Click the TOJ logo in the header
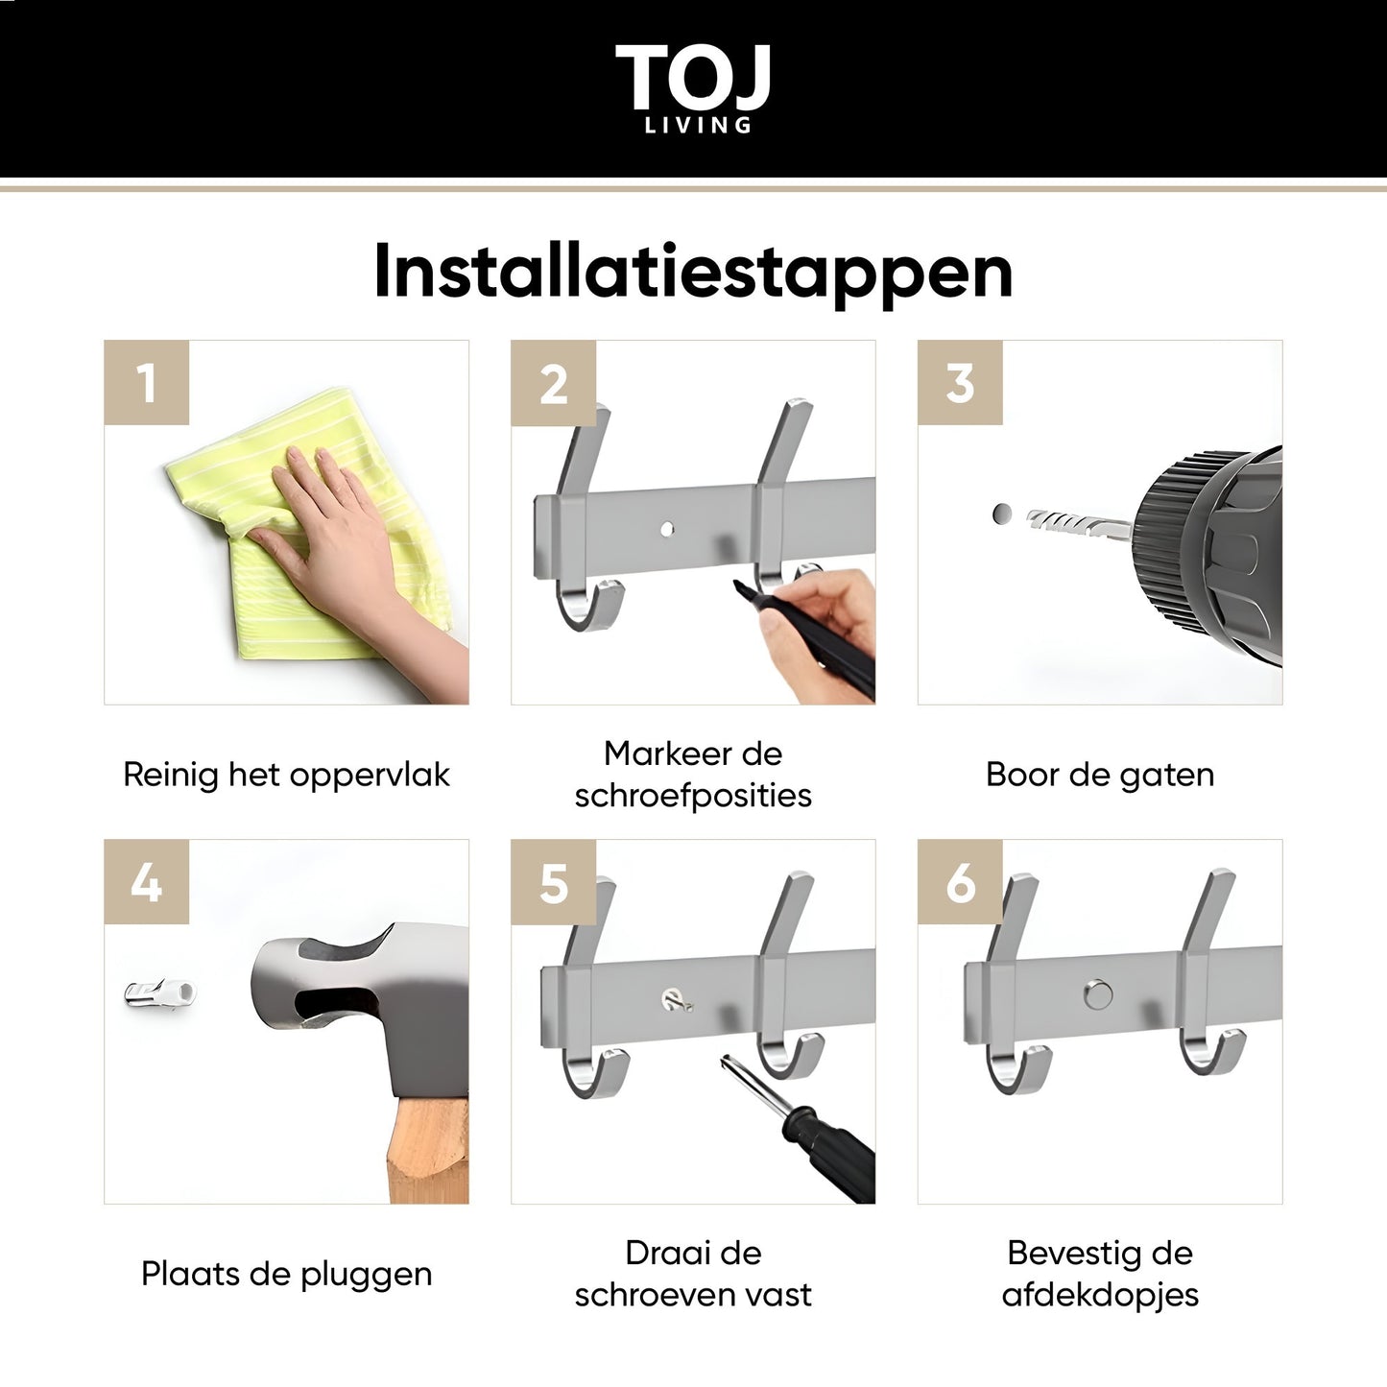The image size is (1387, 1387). pos(693,87)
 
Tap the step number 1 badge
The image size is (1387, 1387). pos(147,382)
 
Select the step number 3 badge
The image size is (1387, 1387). pos(960,382)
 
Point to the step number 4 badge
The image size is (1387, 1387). pos(147,881)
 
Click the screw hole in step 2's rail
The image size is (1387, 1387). pos(667,530)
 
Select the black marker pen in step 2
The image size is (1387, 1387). pos(806,640)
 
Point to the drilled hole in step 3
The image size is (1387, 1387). pos(1001,514)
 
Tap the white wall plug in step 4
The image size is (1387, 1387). pos(159,994)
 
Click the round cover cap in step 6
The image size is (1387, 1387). pos(1098,994)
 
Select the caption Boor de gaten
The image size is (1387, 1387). pos(1100,776)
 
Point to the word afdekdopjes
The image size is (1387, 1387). pos(1100,1295)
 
